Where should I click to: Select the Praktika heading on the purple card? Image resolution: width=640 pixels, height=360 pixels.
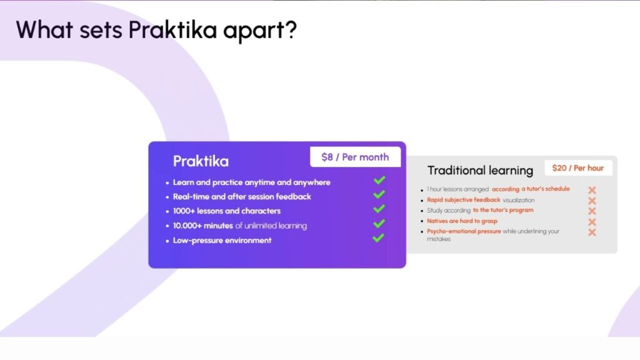coord(201,161)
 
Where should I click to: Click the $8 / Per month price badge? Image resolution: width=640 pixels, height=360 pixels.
coord(355,157)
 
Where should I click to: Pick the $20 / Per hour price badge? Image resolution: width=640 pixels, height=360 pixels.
coord(578,168)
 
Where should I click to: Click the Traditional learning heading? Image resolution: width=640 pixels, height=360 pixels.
coord(480,170)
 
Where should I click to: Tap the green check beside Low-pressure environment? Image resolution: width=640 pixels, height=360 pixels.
coord(379,238)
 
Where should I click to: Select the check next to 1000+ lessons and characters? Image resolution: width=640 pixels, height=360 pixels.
coord(379,209)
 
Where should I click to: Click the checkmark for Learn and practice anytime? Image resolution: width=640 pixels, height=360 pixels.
coord(379,181)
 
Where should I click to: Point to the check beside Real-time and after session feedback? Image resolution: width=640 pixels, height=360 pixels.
coord(379,195)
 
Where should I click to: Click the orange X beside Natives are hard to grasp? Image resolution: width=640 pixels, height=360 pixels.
coord(592,222)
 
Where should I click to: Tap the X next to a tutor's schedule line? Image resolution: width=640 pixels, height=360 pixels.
coord(592,190)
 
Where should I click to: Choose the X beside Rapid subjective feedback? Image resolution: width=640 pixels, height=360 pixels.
coord(592,201)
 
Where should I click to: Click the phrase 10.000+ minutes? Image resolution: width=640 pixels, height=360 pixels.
coord(203,226)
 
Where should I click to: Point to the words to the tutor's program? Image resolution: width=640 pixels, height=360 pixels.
coord(503,211)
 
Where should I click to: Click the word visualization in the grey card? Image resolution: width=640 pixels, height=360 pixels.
coord(518,200)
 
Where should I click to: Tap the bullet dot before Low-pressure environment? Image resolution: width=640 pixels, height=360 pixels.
coord(167,241)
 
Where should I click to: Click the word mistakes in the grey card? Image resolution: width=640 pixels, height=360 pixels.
coord(438,239)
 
